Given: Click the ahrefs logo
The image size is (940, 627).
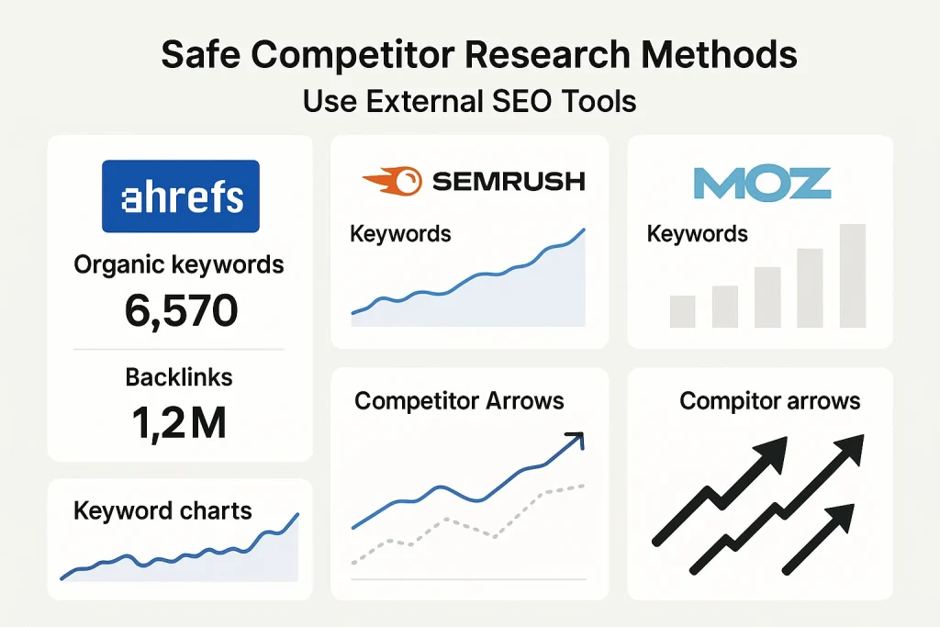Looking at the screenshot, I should tap(180, 196).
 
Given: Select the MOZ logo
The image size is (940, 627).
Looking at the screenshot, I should tap(761, 183).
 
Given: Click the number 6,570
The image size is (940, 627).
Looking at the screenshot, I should tap(180, 312).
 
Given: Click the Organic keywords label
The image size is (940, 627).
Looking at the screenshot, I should tap(179, 265).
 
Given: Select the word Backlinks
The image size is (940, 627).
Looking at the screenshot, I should tap(179, 376).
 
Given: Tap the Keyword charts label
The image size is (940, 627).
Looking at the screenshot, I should tap(162, 510).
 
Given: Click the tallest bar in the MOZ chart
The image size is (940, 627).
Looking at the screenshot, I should tap(852, 275).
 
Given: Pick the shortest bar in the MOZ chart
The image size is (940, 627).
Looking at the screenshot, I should tap(682, 311).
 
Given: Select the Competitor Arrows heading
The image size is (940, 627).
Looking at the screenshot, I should tap(459, 401).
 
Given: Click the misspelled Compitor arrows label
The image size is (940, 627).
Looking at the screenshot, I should tap(769, 401).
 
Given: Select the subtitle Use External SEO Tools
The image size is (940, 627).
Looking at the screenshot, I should tap(469, 100).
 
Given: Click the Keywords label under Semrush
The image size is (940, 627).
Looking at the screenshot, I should tap(400, 234).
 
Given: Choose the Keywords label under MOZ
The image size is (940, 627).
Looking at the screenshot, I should tap(697, 234).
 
